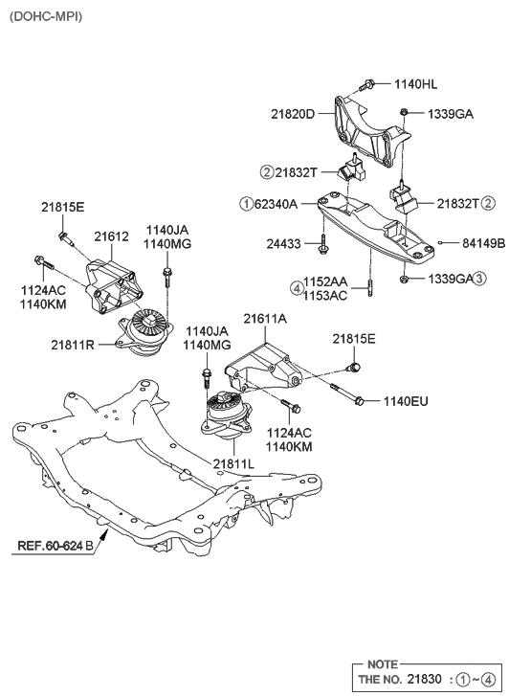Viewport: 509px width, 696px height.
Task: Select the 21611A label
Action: [265, 318]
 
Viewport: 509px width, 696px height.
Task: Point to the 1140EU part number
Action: [407, 400]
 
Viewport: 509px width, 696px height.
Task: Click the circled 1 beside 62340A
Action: [246, 203]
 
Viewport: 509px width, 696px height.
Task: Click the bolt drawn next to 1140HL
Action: [370, 85]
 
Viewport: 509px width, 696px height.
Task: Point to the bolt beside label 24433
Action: [324, 243]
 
